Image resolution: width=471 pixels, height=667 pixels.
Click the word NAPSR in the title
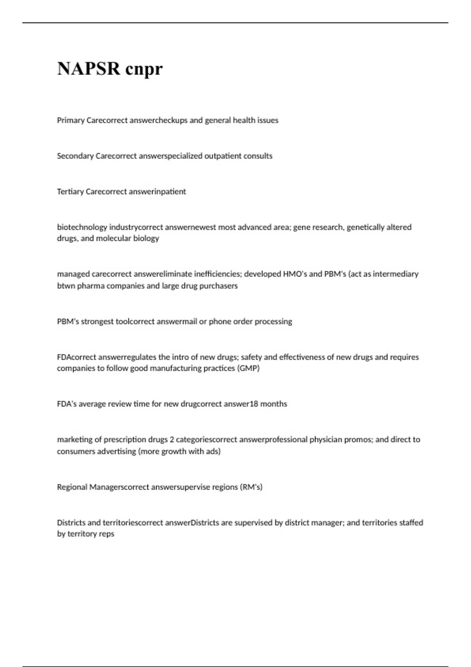[89, 69]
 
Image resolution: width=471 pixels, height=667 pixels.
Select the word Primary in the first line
[71, 120]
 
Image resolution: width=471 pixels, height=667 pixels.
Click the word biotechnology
[82, 227]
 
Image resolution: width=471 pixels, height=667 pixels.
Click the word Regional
[72, 487]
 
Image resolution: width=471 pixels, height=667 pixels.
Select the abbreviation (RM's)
[251, 487]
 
